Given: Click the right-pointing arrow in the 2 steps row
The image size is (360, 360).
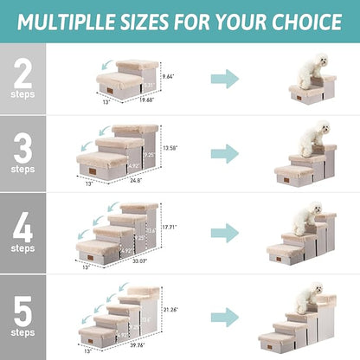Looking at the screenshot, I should (224, 80).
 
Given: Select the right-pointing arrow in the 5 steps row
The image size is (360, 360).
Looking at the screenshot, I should (224, 314).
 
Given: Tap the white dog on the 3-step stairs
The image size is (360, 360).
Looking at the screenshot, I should (308, 138).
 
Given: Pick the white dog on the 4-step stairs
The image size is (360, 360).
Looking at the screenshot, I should (305, 216).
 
